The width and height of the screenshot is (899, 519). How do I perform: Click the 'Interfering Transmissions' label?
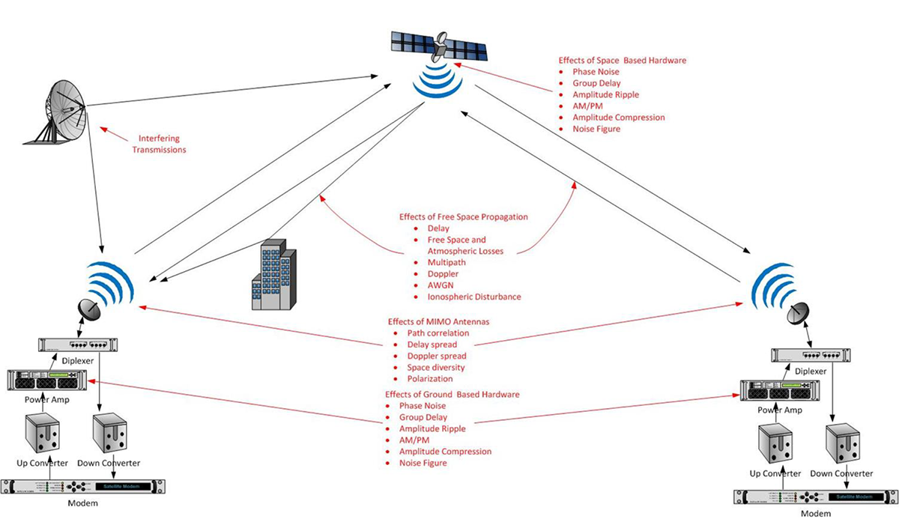pos(159,144)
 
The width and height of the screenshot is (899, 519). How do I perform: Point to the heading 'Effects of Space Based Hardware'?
pos(622,60)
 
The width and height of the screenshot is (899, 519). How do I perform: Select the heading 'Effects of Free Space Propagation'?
pos(463,216)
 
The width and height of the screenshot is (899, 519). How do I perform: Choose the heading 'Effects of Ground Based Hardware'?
pos(452,394)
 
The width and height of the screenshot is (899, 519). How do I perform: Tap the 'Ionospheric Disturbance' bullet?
pos(473,297)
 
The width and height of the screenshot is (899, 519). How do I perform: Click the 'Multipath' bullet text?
pos(446,263)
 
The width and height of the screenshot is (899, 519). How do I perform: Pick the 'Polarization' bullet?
pos(430,379)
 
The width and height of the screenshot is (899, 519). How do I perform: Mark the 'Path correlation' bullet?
pos(438,333)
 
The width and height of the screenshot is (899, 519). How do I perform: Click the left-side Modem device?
pos(82,486)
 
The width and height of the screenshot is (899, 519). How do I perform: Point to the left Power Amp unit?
pos(53,380)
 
